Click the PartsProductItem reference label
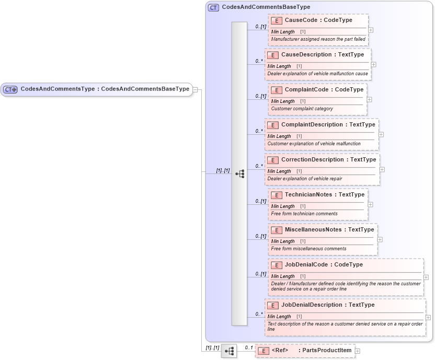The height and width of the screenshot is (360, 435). point(325,351)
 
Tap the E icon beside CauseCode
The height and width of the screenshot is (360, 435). point(277,20)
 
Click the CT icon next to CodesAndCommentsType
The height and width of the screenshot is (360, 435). point(10,89)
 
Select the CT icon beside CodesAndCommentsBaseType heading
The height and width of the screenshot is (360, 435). point(213,7)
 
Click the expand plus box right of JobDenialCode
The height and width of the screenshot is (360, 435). point(426,277)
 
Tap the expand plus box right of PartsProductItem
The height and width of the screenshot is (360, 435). point(358,351)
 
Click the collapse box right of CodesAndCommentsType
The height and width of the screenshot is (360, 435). point(195,89)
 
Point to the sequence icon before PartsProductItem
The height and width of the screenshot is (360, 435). point(229,351)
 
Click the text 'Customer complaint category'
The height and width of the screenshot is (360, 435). point(302,109)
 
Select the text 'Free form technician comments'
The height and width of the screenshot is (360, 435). point(304,214)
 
